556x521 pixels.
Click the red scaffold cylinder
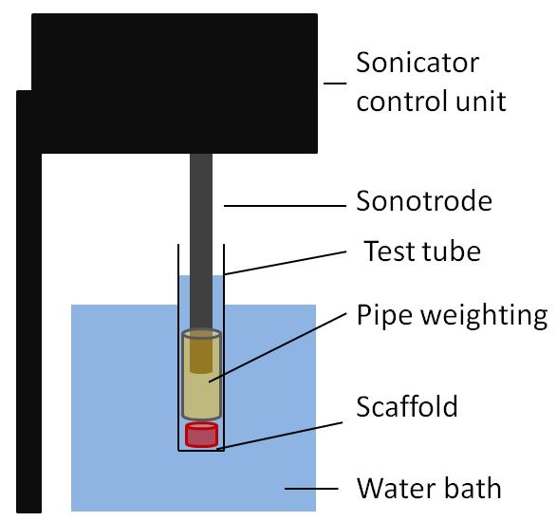tap(201, 435)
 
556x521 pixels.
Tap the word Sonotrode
tap(424, 201)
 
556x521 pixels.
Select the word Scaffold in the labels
tap(407, 406)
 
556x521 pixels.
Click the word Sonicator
tap(417, 63)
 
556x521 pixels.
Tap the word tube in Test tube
tap(451, 251)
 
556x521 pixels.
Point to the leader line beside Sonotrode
tap(285, 206)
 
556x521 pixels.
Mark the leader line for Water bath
tap(311, 489)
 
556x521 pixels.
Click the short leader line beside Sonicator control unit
tap(335, 84)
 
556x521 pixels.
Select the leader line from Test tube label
tap(286, 263)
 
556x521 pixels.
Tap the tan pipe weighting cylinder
tap(201, 394)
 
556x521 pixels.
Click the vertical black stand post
tap(29, 302)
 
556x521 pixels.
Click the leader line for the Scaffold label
tap(280, 436)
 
